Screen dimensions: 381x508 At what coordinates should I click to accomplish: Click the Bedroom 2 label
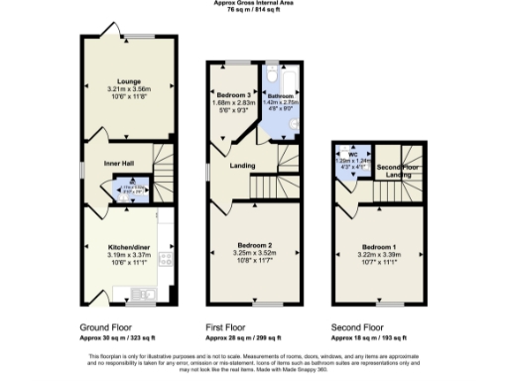[x=255, y=244]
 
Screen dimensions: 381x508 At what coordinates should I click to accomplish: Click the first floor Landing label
[x=242, y=167]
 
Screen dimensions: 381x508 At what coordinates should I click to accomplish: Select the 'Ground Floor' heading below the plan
[x=102, y=326]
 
